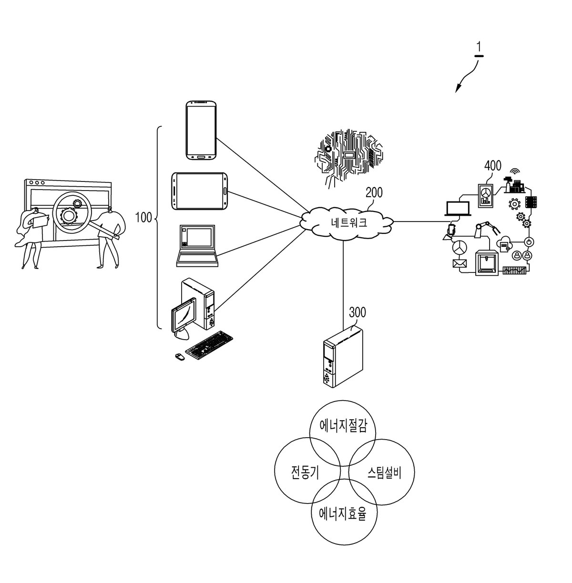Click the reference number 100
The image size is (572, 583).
143,218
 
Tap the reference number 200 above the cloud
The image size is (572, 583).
374,193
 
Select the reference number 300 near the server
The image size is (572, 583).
357,312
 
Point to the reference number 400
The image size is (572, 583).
493,165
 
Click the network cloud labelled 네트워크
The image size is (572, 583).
347,223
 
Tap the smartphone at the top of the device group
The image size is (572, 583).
201,130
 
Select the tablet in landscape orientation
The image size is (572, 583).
199,191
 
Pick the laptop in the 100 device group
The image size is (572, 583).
197,246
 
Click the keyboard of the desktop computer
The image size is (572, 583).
209,345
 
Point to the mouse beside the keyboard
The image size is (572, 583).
180,356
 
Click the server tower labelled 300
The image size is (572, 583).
343,357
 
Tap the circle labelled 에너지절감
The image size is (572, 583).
342,433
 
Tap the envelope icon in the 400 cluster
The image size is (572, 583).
460,264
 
